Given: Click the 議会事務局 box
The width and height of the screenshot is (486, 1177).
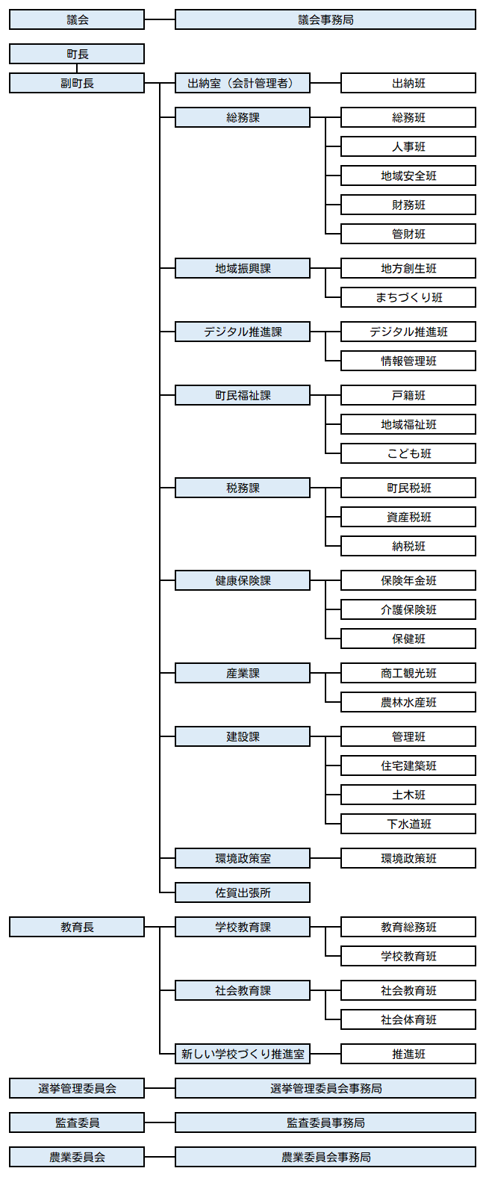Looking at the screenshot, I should pyautogui.click(x=325, y=20).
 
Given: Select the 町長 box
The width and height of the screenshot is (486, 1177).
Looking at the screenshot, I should pyautogui.click(x=77, y=54).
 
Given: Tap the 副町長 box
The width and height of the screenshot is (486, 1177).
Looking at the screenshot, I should pyautogui.click(x=77, y=83).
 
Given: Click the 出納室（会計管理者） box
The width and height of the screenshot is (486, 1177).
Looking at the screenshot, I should pyautogui.click(x=242, y=83).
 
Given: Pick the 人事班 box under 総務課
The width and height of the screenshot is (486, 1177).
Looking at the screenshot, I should pyautogui.click(x=408, y=146).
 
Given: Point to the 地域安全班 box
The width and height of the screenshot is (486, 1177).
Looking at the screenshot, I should pyautogui.click(x=408, y=176).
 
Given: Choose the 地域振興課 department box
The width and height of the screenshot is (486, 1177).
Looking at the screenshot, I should pyautogui.click(x=242, y=268).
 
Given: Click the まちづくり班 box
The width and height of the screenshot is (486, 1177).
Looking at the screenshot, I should pyautogui.click(x=408, y=297).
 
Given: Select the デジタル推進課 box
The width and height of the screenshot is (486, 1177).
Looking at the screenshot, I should pyautogui.click(x=242, y=332).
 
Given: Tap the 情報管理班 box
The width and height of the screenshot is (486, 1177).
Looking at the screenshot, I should pyautogui.click(x=408, y=361).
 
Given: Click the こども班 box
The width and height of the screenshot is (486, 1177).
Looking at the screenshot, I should pyautogui.click(x=408, y=453).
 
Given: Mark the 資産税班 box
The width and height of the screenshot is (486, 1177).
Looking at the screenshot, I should pyautogui.click(x=408, y=517).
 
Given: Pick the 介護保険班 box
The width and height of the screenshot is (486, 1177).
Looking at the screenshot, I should pyautogui.click(x=408, y=609).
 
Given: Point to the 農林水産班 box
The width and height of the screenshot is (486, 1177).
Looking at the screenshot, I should pyautogui.click(x=408, y=702).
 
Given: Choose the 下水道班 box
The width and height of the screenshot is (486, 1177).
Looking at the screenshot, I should pyautogui.click(x=408, y=824).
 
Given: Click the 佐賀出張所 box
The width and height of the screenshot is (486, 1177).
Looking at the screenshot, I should pyautogui.click(x=242, y=892).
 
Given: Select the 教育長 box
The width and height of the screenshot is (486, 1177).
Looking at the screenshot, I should pyautogui.click(x=77, y=927).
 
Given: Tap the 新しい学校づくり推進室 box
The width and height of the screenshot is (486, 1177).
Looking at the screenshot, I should pyautogui.click(x=242, y=1054).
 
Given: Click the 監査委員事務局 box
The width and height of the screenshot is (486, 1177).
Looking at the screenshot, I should pyautogui.click(x=325, y=1122).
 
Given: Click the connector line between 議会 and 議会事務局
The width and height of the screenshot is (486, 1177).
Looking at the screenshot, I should pyautogui.click(x=160, y=20).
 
